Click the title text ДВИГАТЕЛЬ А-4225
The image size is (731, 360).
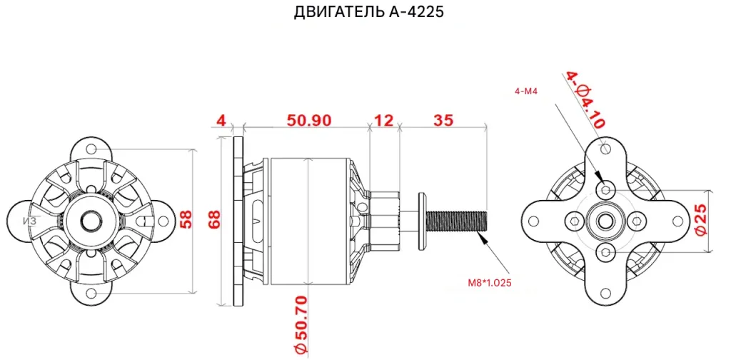tap(368, 12)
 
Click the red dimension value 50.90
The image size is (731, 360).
tap(309, 120)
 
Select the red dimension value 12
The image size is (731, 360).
tap(384, 120)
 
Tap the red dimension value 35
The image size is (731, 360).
tap(443, 120)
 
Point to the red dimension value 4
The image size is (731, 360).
tap(221, 120)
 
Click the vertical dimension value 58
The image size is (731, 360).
tap(186, 219)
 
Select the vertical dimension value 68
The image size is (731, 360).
tap(213, 219)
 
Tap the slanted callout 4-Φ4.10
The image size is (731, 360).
tap(585, 100)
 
